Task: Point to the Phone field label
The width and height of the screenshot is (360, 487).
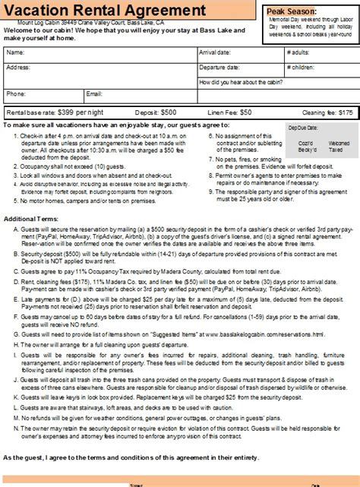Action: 16,94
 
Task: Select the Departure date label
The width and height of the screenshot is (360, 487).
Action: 221,67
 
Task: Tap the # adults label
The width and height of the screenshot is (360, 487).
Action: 299,52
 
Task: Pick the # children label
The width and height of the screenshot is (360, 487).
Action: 302,67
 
